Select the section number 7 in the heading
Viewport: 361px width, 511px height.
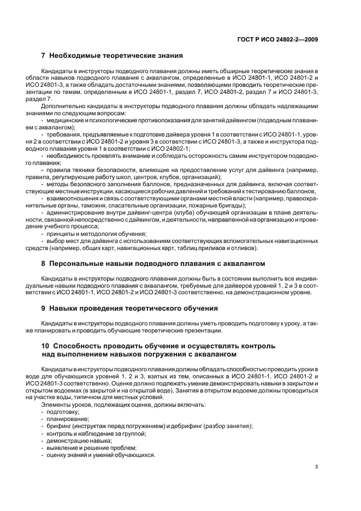44,55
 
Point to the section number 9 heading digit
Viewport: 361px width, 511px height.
44,308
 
